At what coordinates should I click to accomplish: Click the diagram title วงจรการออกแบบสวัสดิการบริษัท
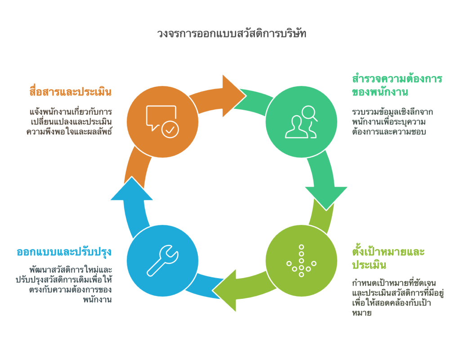232,33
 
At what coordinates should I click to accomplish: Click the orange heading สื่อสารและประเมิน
71,91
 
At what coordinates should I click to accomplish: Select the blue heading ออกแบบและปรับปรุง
64,252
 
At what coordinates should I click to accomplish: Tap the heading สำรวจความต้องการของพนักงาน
397,85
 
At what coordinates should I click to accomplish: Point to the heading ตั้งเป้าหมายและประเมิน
388,258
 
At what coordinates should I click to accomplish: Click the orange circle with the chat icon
162,121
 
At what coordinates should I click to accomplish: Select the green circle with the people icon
301,121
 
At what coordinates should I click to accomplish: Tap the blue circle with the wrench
162,261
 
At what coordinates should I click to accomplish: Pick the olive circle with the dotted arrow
301,261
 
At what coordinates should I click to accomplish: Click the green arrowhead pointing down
326,197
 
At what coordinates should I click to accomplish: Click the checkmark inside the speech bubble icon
170,130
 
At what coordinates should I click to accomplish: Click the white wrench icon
162,261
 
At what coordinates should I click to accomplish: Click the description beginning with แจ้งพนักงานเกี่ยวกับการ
69,121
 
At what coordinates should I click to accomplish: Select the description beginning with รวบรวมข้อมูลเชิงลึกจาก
393,121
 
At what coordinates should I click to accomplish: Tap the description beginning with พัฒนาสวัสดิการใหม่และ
64,284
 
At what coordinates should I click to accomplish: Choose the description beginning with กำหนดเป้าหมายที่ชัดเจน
398,298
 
